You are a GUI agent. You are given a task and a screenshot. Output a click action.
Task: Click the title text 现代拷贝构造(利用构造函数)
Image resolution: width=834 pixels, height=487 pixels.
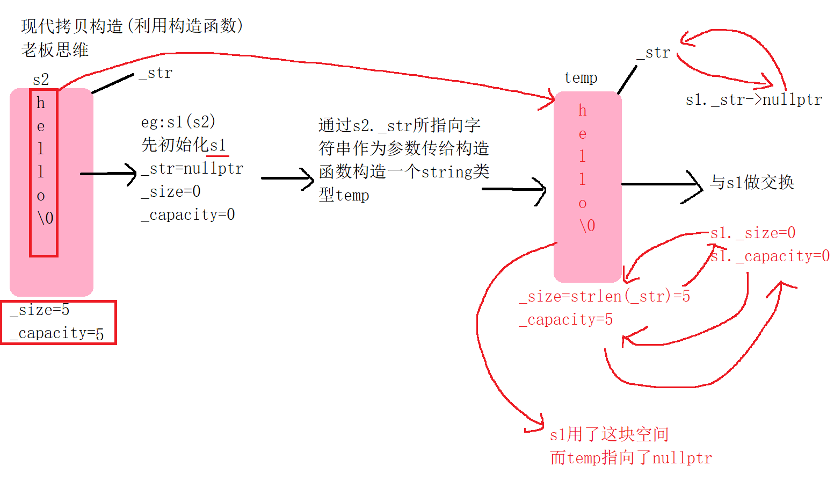coord(132,26)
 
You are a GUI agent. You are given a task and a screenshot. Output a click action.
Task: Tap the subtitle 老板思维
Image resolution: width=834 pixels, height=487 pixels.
coord(55,50)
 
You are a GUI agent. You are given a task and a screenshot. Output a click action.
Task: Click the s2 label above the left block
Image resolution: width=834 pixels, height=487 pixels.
coord(41,80)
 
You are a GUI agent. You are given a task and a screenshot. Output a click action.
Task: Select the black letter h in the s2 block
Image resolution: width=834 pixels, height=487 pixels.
coord(41,103)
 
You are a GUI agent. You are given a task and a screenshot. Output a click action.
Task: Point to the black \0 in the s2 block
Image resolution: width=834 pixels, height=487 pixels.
coord(46,218)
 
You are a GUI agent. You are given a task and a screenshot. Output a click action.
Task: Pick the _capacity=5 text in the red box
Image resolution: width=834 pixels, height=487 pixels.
coord(57,333)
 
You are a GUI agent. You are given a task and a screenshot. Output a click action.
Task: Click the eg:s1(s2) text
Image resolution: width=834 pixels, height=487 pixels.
coord(178,122)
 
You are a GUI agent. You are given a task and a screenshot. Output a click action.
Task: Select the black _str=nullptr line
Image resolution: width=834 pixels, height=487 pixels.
coord(192,169)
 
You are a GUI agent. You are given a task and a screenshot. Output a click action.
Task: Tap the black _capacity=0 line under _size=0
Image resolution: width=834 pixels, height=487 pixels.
coord(188,215)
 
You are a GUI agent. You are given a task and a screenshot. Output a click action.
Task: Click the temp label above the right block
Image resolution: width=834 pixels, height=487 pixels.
coord(581,78)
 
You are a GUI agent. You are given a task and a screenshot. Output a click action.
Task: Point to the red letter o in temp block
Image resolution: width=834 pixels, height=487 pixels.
coord(583,204)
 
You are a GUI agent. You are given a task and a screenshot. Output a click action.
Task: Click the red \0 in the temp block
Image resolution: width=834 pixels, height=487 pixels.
coord(587,226)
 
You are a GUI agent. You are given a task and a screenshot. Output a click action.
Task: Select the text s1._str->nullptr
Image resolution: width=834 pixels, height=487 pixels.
coord(754,100)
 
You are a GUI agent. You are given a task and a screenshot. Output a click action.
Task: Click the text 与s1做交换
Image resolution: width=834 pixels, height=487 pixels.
coord(752,183)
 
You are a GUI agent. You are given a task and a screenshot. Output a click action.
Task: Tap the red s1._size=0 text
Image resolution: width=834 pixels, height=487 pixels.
coord(753,233)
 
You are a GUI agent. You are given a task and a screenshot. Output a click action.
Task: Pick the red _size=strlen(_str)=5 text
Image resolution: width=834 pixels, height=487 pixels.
coord(605,296)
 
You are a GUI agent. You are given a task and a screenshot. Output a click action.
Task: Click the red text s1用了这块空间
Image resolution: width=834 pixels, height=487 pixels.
coord(609,434)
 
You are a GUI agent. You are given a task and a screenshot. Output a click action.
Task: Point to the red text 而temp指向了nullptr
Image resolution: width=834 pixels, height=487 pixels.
coord(631,458)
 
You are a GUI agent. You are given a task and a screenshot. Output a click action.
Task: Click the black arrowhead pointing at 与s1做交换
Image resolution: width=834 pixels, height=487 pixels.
coord(697,185)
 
